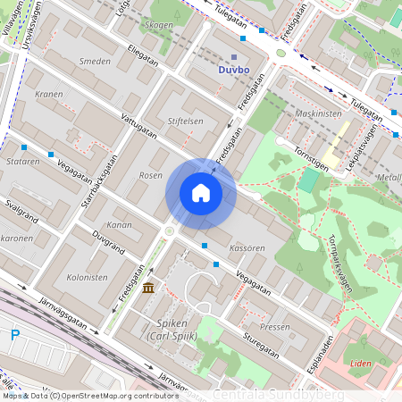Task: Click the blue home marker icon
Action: coord(201,193)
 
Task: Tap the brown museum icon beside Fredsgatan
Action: coord(147,287)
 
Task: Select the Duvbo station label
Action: coord(233,68)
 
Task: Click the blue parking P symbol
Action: coord(14,335)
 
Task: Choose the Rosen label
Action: coord(151,176)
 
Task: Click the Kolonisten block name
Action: coord(87,278)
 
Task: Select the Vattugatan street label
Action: coord(138,129)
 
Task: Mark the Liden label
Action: coord(360,364)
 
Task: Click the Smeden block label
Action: coord(95,62)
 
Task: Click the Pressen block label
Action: coord(275,327)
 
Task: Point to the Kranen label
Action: coord(49,93)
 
